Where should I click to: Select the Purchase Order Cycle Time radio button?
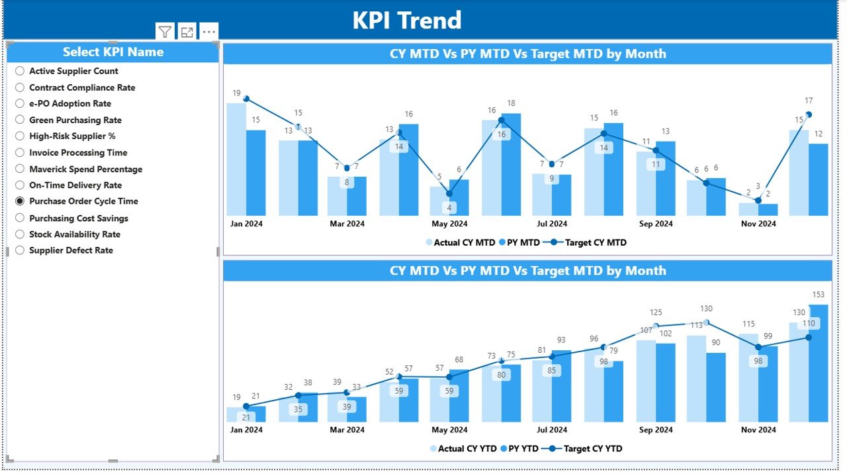coord(20,201)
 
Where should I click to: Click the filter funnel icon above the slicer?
coord(165,32)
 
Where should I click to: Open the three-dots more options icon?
coord(208,32)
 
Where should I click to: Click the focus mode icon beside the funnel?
coord(187,32)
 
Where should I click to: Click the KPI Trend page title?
coord(406,21)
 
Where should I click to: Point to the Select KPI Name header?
coord(113,52)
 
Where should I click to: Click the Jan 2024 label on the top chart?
coord(246,224)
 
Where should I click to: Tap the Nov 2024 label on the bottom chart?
coord(758,430)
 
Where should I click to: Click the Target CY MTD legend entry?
coord(595,242)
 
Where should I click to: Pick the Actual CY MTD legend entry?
coord(464,242)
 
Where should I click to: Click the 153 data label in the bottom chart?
coord(819,295)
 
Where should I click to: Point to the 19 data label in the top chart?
coord(236,93)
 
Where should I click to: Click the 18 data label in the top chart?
coord(511,103)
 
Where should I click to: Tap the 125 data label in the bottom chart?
coord(656,312)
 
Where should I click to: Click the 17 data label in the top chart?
coord(809,101)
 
